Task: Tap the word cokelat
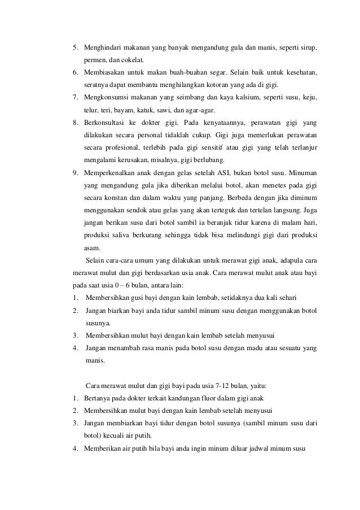(133, 59)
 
